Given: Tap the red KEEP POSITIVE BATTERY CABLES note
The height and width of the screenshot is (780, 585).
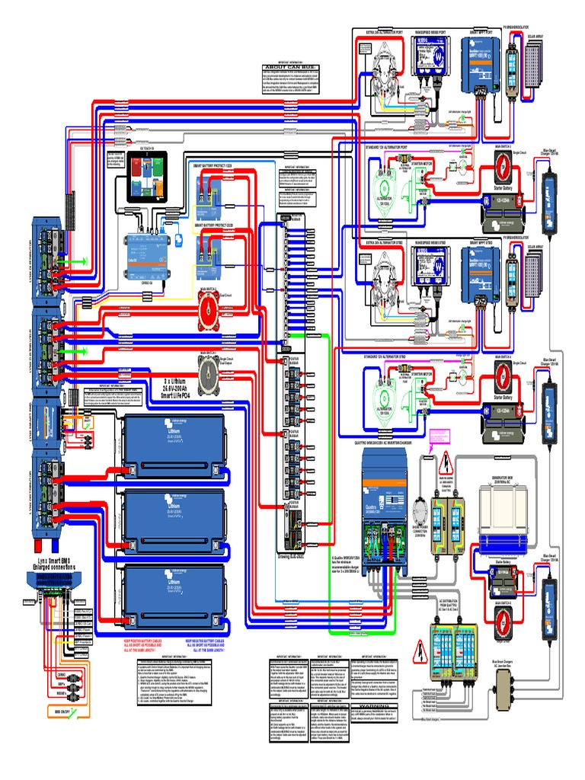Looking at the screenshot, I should [x=151, y=644].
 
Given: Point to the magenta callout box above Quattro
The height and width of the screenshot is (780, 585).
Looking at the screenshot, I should [x=441, y=439].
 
